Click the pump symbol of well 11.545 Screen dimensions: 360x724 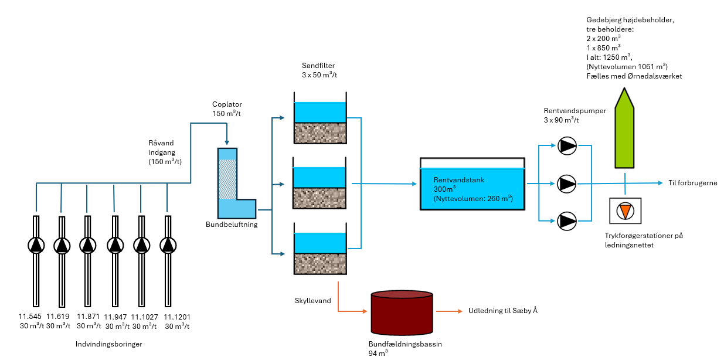(x=36, y=244)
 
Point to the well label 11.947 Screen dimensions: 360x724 (x=115, y=317)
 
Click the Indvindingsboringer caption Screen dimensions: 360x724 (x=109, y=344)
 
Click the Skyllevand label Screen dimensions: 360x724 (x=312, y=301)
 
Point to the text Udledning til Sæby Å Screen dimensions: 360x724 (x=502, y=311)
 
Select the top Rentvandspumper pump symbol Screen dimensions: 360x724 (x=567, y=145)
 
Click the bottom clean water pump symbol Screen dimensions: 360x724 (x=567, y=221)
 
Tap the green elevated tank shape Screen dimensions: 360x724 (x=626, y=128)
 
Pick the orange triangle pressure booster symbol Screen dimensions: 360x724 (x=626, y=210)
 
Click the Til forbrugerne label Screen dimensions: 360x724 (x=692, y=183)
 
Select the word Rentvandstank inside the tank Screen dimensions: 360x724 (x=458, y=179)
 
